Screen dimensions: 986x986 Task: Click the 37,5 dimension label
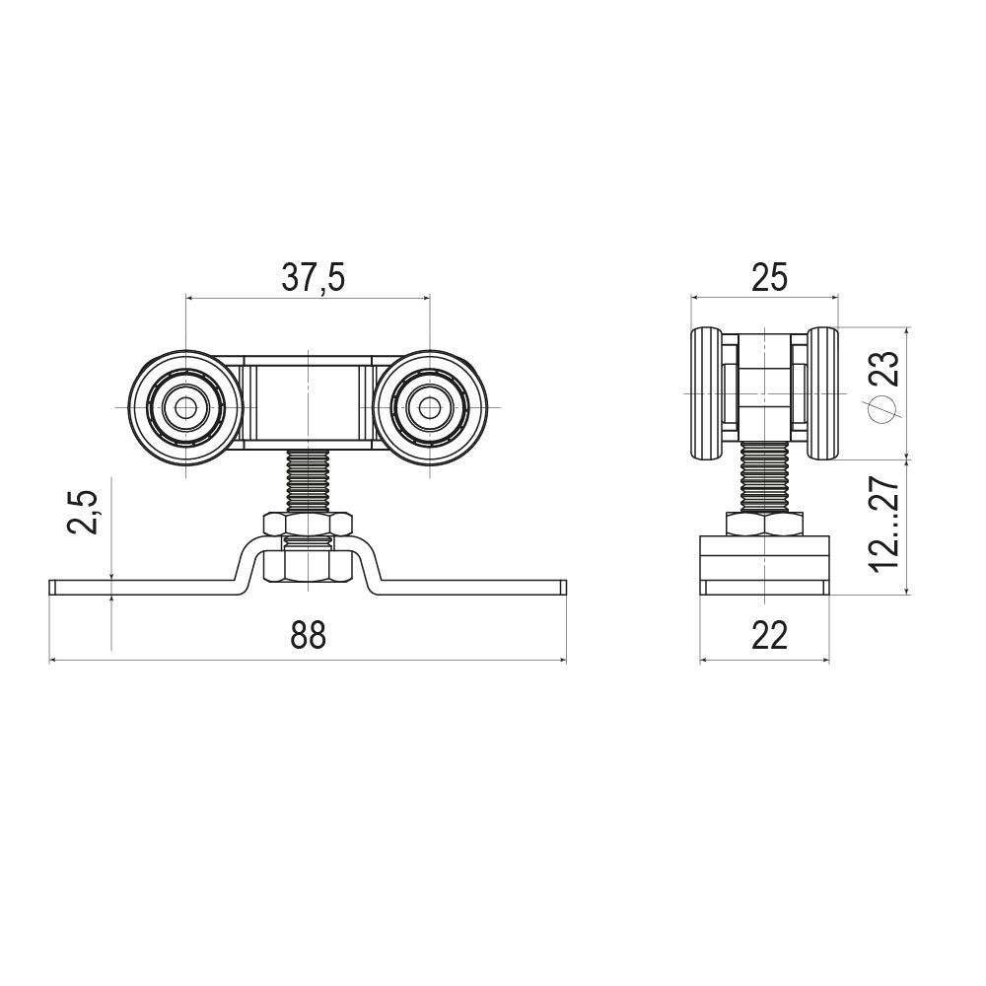pyautogui.click(x=313, y=278)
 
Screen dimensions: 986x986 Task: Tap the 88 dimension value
pyautogui.click(x=308, y=635)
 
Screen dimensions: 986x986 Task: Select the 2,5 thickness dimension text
pyautogui.click(x=85, y=510)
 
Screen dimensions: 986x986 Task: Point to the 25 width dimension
pyautogui.click(x=769, y=278)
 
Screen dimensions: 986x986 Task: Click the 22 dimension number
pyautogui.click(x=769, y=635)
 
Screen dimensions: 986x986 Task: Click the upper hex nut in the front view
pyautogui.click(x=308, y=524)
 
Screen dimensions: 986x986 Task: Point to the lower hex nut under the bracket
pyautogui.click(x=308, y=566)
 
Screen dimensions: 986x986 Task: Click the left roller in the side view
pyautogui.click(x=707, y=394)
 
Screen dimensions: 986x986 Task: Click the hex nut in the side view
pyautogui.click(x=765, y=524)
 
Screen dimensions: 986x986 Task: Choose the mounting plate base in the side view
pyautogui.click(x=765, y=567)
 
